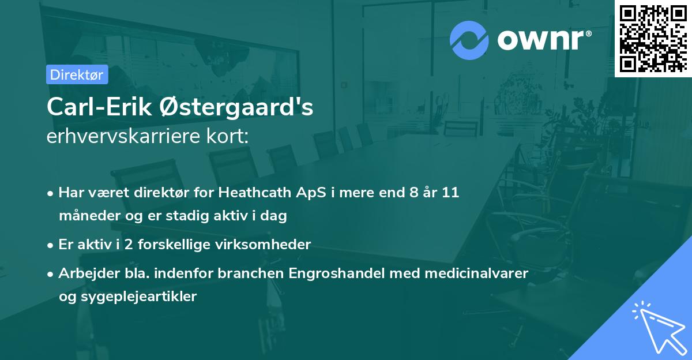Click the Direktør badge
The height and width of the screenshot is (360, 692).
pos(77,74)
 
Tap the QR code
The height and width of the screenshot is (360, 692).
pos(653,38)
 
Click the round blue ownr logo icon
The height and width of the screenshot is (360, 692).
pos(469,40)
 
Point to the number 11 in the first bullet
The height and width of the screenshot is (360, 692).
pos(450,192)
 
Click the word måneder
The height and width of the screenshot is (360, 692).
pos(86,216)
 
